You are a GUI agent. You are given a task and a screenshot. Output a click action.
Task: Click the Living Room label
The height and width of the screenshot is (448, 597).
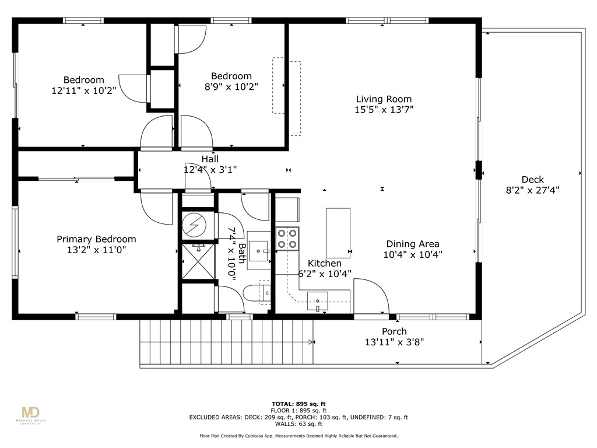point(384,99)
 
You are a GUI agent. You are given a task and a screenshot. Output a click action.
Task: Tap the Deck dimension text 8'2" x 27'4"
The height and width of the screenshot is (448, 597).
point(532,190)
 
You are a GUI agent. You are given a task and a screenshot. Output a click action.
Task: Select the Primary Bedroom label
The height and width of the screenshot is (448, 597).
point(96,239)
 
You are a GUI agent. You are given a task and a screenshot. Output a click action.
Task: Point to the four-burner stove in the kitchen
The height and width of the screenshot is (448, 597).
point(287,239)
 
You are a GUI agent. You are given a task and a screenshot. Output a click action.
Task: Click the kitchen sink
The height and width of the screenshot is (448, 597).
point(318,302)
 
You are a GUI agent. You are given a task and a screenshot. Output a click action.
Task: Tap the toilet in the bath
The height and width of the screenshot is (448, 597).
point(257,295)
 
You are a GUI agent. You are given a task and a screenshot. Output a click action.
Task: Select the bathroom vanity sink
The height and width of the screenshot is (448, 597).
point(259,251)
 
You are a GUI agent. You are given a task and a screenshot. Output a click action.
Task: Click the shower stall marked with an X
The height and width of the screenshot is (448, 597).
point(198,261)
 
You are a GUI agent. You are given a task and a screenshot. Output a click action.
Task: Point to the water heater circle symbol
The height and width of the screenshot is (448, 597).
point(195,225)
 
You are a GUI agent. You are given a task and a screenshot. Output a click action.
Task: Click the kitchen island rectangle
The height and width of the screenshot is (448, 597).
point(338,233)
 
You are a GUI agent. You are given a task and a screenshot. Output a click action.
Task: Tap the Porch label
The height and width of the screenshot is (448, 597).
point(395,331)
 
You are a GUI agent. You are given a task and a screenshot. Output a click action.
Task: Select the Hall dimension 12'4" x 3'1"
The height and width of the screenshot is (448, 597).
point(210,170)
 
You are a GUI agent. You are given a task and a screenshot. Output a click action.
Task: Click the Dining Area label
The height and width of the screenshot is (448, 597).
point(413,244)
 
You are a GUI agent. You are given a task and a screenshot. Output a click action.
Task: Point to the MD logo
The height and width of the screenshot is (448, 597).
point(31,413)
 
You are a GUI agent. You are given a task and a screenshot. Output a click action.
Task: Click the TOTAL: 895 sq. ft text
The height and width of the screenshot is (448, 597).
point(298,404)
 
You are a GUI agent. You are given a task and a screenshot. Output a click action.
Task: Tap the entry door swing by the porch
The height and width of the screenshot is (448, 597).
point(371,297)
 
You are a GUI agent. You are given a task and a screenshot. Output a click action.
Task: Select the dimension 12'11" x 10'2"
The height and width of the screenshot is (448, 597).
point(84,90)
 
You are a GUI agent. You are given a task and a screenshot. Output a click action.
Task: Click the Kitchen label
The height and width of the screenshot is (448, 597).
point(324,263)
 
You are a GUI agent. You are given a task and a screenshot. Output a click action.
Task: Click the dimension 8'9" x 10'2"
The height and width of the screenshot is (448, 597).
point(231,87)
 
